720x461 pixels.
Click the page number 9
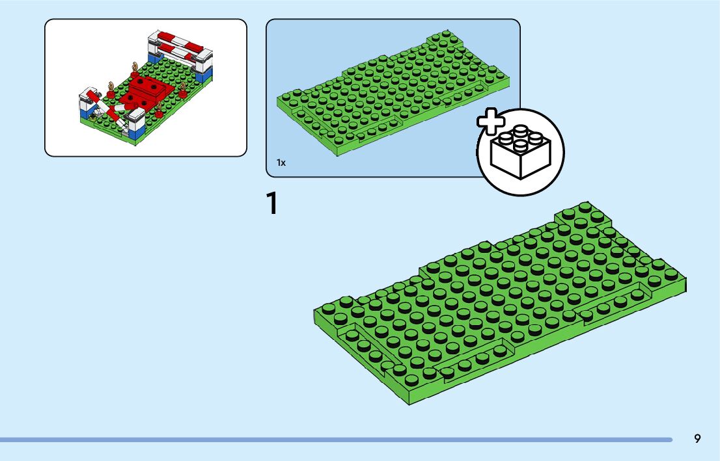point(697,439)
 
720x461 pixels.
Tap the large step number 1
point(273,203)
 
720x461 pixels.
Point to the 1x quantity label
point(281,163)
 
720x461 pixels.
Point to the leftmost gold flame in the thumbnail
point(110,86)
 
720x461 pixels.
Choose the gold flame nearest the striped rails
point(135,66)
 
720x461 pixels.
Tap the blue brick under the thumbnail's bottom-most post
point(135,134)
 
